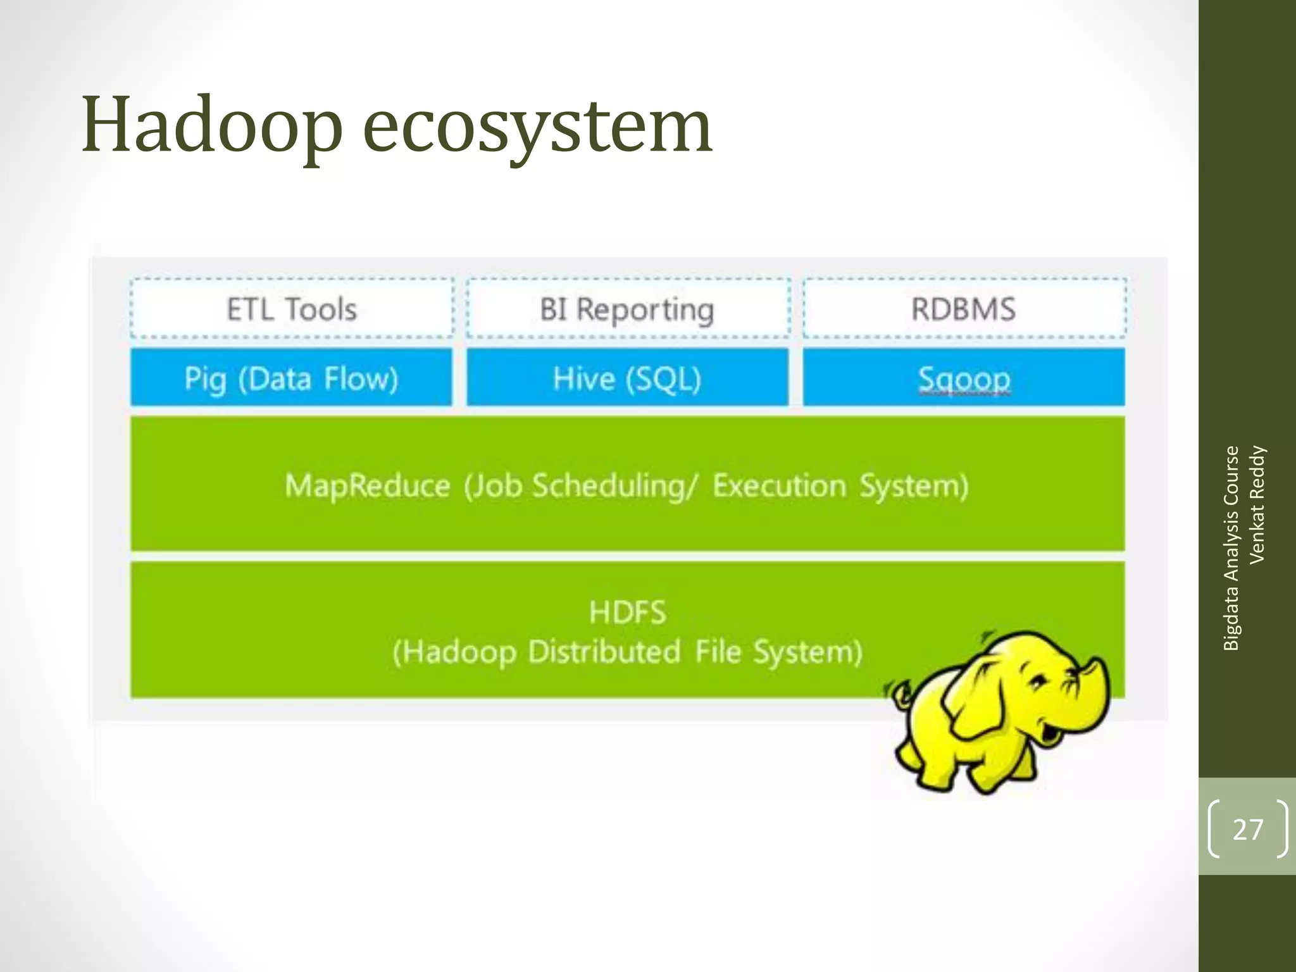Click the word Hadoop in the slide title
pos(212,125)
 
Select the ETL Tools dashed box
pos(292,309)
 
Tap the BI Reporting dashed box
pos(627,309)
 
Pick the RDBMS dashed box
pos(964,309)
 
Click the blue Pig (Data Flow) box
pos(292,378)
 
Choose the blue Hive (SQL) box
pos(627,378)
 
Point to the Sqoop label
pos(964,379)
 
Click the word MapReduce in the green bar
pos(368,486)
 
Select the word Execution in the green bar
pos(779,486)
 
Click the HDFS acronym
pos(627,612)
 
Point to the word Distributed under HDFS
pos(604,652)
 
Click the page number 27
pos(1248,829)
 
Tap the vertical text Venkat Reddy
pos(1257,504)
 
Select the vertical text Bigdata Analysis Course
pos(1231,548)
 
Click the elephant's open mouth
pos(1050,734)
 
